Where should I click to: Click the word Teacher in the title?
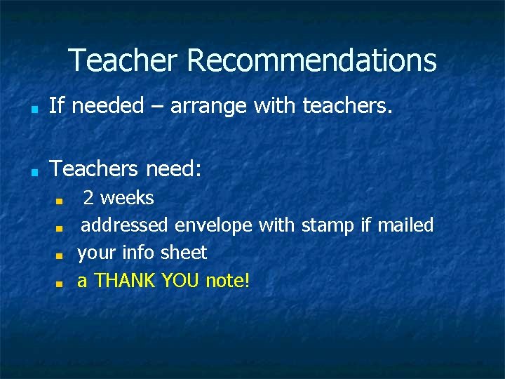123,60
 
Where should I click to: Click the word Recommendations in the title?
311,60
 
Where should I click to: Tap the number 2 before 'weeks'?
89,199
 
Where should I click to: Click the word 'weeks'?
127,198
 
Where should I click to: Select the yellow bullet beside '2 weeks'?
60,201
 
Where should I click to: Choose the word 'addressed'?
125,225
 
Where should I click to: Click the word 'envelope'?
214,225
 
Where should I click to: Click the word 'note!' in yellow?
227,281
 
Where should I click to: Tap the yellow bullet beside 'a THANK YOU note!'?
60,284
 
